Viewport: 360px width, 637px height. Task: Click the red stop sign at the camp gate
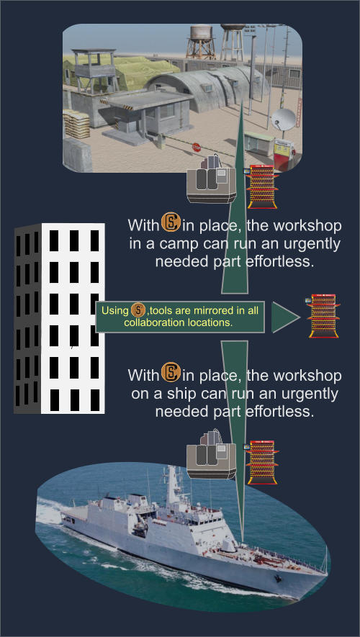(x=197, y=148)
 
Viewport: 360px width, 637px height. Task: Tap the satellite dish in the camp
(x=284, y=119)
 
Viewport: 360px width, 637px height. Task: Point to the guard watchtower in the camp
(x=95, y=70)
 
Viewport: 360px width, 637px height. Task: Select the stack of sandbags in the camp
(x=76, y=124)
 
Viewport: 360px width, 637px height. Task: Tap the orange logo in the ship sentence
(x=171, y=371)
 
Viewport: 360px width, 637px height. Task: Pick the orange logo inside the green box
(x=138, y=311)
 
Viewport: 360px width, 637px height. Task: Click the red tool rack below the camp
(x=261, y=186)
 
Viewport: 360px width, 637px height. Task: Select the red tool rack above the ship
(x=261, y=462)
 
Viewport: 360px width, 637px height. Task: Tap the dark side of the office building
(x=27, y=319)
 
